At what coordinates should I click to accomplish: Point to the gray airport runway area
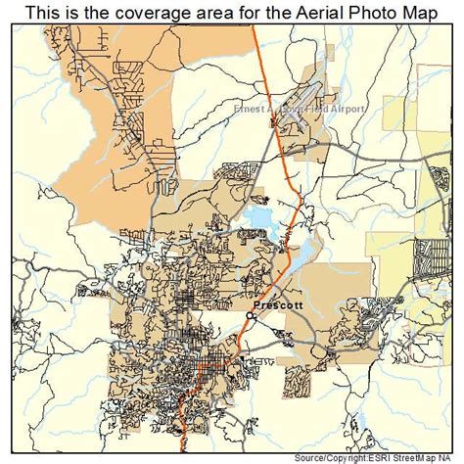click(x=294, y=99)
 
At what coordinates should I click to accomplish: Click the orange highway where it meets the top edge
click(x=253, y=26)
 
